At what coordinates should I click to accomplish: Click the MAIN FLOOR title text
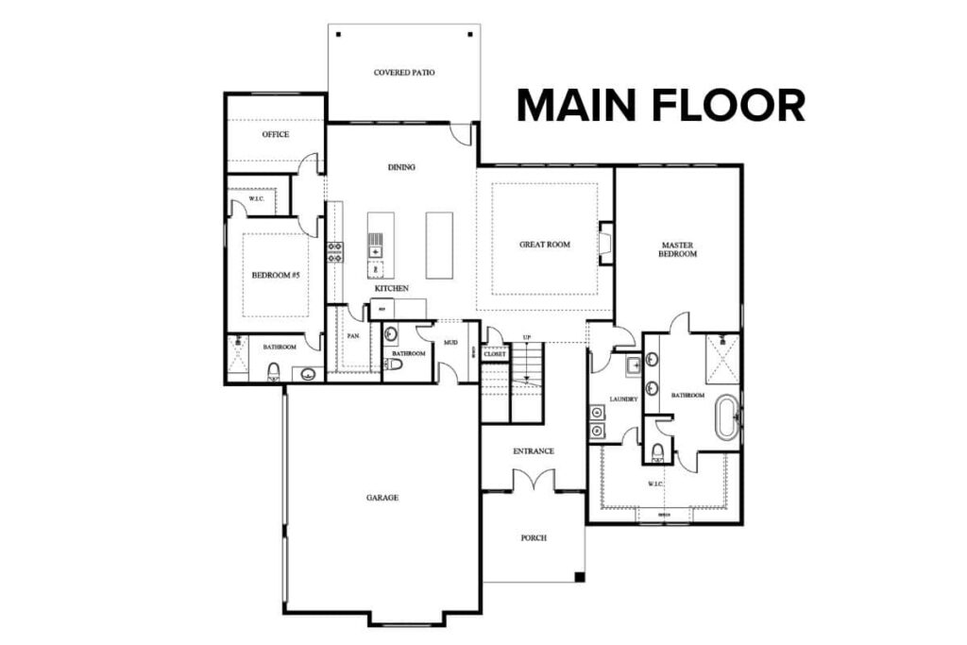tap(660, 105)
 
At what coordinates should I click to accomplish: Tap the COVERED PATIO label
tap(404, 73)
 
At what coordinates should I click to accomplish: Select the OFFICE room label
tap(275, 135)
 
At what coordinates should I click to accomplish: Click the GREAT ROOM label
tap(545, 245)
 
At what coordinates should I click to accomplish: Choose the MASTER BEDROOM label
tap(678, 249)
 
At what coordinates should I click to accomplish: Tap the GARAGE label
tap(382, 497)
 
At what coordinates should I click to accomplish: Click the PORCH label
tap(533, 538)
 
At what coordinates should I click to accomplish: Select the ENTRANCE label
tap(533, 451)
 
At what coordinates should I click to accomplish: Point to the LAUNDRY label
tap(623, 399)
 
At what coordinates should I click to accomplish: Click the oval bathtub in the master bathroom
tap(725, 418)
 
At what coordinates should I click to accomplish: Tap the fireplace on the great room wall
tap(606, 244)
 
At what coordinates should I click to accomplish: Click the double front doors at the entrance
tap(533, 481)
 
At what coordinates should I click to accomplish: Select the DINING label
tap(401, 167)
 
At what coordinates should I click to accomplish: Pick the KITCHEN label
tap(391, 287)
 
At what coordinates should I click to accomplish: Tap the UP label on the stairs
tap(527, 338)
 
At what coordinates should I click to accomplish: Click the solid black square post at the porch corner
tap(580, 577)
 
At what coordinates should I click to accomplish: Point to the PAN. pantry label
tap(353, 335)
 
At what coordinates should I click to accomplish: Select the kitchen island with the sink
tap(375, 245)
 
